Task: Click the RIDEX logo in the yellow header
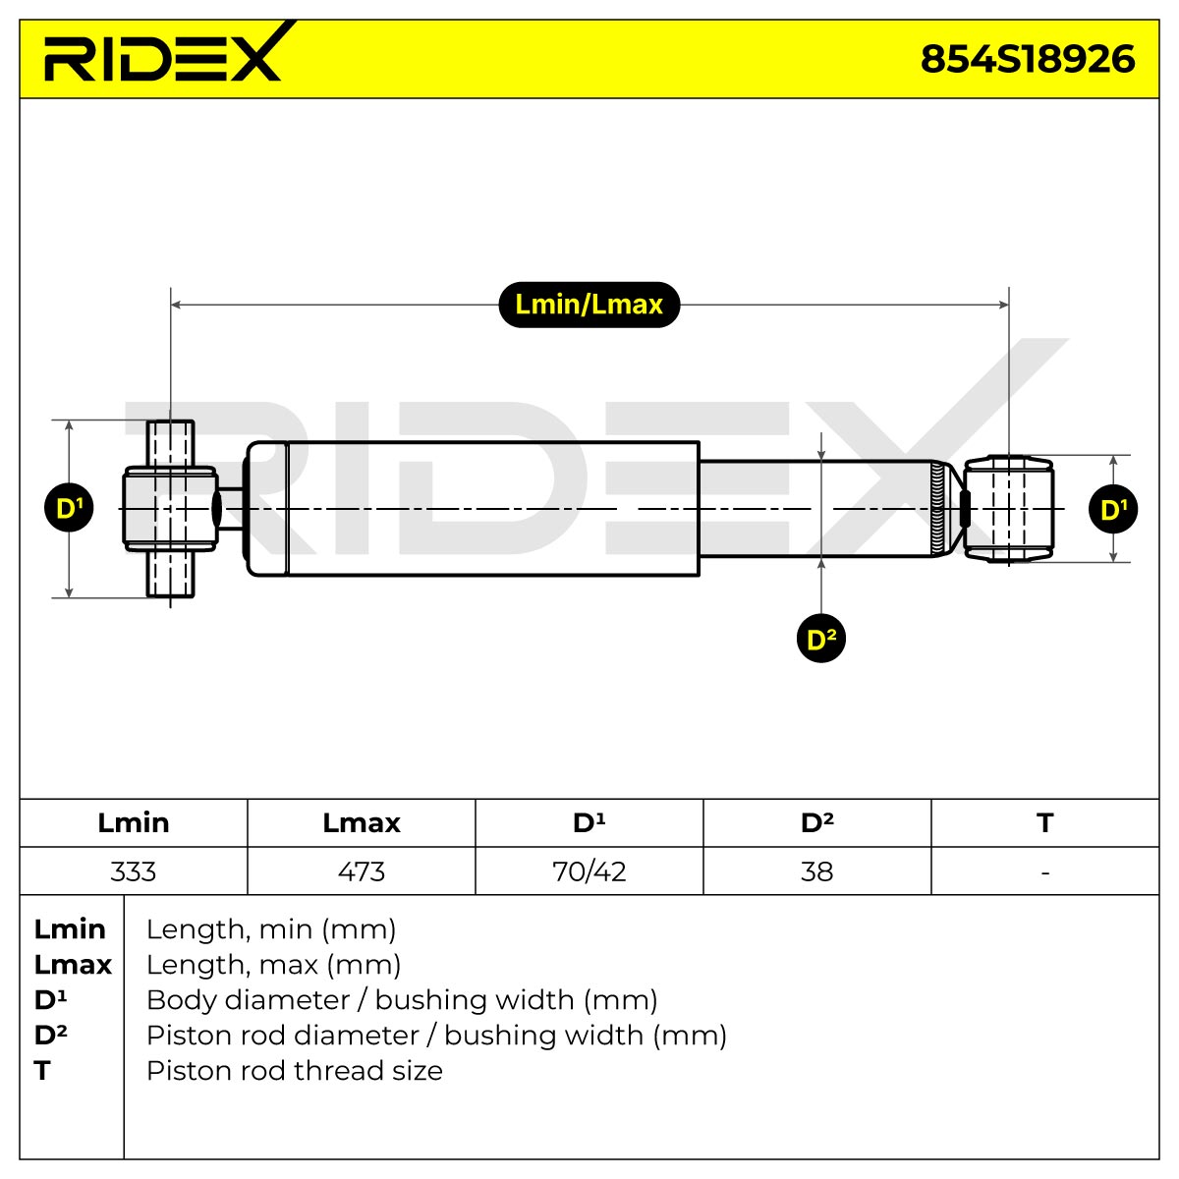[x=163, y=53]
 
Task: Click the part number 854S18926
[x=1028, y=59]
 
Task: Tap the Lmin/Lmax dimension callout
[x=589, y=305]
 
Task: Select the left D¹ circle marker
[x=69, y=508]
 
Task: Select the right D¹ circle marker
[x=1113, y=509]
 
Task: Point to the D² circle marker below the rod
[x=821, y=639]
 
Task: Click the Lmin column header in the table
[x=134, y=823]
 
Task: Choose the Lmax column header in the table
[x=361, y=823]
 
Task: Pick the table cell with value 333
[x=134, y=871]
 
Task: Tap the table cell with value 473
[x=361, y=871]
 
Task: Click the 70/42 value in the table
[x=589, y=871]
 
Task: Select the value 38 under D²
[x=816, y=871]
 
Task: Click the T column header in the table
[x=1045, y=823]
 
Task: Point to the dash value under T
[x=1045, y=872]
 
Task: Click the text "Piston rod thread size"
[x=295, y=1071]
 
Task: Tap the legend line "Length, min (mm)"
[x=271, y=929]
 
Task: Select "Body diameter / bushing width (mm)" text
[x=402, y=1000]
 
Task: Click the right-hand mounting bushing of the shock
[x=1008, y=508]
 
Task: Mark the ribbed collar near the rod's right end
[x=937, y=508]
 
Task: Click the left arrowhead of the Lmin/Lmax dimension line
[x=175, y=305]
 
